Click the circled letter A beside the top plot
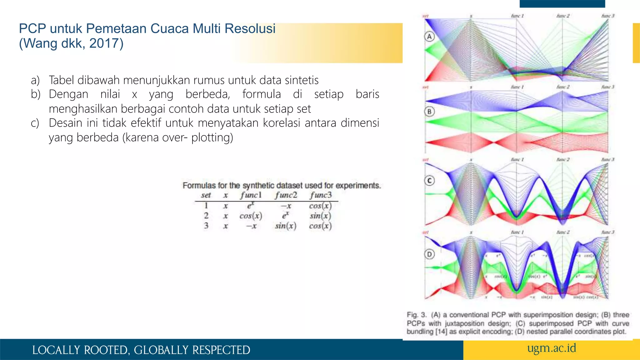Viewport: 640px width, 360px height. pos(429,37)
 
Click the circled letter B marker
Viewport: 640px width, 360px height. pos(429,112)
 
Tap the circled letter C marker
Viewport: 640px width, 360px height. pos(429,181)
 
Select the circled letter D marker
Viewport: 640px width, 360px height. pos(429,254)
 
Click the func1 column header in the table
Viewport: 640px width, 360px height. pos(251,195)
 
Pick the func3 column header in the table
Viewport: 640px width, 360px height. pos(321,195)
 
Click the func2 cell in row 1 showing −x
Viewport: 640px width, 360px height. pos(286,206)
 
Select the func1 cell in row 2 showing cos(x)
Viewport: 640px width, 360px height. pos(251,216)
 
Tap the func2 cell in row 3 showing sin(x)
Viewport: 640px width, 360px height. pos(286,226)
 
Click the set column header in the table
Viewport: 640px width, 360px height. pos(206,195)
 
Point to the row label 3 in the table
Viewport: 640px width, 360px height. pos(206,226)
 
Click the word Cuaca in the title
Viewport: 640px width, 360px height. pos(169,28)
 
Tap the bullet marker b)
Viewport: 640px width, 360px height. pos(36,94)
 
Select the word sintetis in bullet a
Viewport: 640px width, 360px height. pos(302,80)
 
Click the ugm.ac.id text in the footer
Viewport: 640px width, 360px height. pos(552,348)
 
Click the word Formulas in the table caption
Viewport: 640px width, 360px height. pos(199,186)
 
